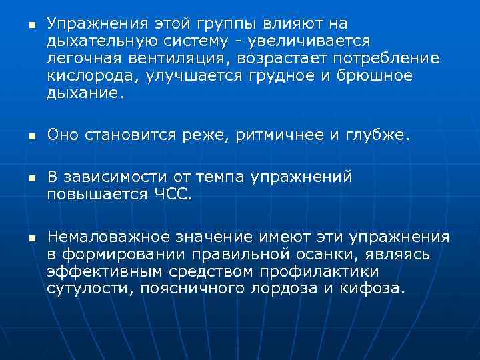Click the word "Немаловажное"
point(109,237)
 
